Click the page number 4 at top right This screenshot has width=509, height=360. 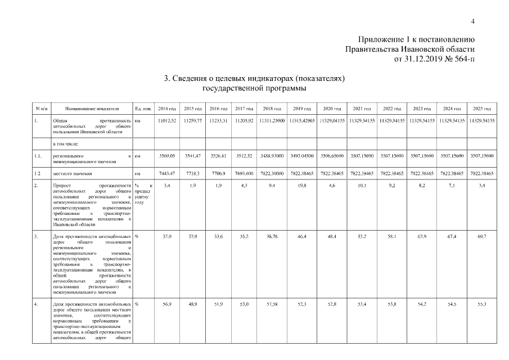pyautogui.click(x=473, y=21)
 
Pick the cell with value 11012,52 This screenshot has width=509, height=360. pyautogui.click(x=168, y=120)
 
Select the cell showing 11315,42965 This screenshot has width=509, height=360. pyautogui.click(x=300, y=120)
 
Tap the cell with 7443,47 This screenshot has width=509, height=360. pyautogui.click(x=168, y=174)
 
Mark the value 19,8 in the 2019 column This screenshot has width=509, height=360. pyautogui.click(x=300, y=184)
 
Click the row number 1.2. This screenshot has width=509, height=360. pyautogui.click(x=38, y=174)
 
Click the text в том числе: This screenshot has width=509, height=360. pyautogui.click(x=66, y=143)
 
